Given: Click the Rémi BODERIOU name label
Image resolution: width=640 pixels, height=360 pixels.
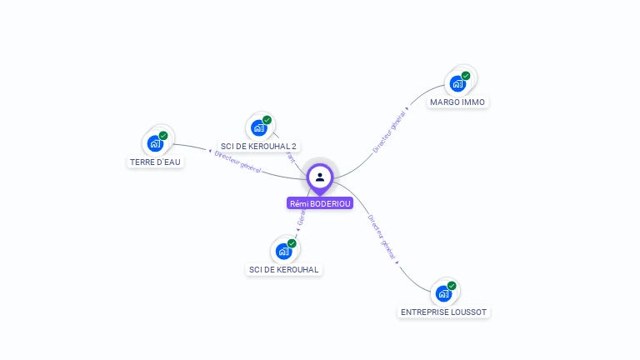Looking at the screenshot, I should pos(320,203).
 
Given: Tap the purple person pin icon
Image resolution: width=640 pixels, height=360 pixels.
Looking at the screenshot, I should pos(320,177).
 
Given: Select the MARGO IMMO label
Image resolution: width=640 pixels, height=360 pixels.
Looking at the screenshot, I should pos(457,102).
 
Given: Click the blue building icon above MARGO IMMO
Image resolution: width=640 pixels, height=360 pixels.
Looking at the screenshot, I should pos(457,83).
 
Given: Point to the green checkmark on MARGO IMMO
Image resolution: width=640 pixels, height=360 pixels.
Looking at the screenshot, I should pos(466,76).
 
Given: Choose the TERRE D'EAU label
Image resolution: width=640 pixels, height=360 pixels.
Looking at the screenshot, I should pos(155,162).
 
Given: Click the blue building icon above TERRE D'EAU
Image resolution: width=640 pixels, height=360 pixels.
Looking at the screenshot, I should pos(154,143).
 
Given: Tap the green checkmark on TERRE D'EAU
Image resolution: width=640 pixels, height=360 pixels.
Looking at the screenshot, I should pos(163,136).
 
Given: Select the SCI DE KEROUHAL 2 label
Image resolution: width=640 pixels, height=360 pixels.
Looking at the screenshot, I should pos(258,147).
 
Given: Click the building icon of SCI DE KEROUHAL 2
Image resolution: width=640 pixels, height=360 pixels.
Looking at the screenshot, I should pos(258,128).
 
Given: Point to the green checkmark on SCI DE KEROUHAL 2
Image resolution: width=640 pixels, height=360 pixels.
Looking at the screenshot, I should pos(267,120).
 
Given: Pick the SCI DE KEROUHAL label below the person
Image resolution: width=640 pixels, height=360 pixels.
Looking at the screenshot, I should pos(284,269).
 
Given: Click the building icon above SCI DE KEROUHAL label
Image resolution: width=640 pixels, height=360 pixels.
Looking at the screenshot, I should pos(283,251).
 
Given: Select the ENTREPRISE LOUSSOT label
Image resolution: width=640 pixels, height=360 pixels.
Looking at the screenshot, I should pos(443,312).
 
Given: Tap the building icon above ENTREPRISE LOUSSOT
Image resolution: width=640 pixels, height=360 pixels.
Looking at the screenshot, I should pos(442,293).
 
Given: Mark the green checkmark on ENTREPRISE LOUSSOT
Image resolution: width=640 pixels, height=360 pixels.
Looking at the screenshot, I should pos(452,286).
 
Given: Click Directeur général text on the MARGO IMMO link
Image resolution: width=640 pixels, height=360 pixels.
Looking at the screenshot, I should pos(389,132).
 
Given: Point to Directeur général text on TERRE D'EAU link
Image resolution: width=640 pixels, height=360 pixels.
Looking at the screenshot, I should pos(237,162).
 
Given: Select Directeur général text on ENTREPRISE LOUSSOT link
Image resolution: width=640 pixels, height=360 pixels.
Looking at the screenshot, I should pos(382,237).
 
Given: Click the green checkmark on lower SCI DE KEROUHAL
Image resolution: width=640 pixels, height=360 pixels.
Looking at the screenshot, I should pos(292,243).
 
